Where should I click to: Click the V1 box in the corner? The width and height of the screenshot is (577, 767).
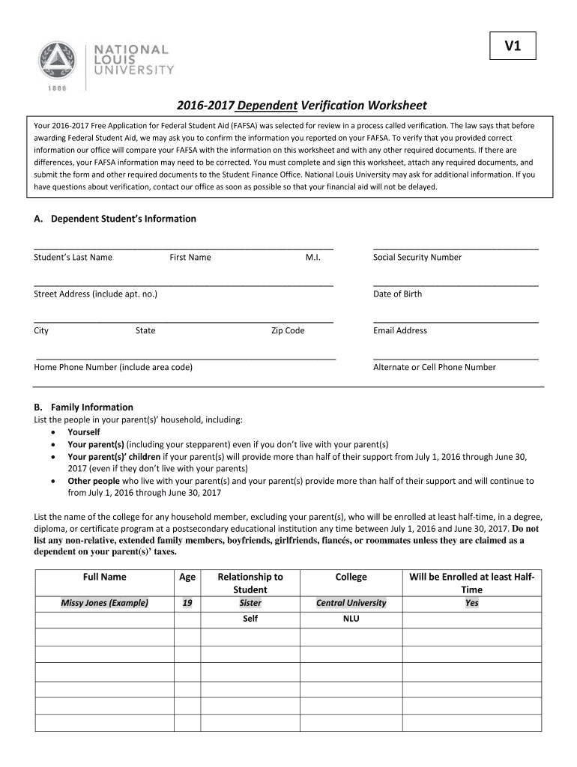513,47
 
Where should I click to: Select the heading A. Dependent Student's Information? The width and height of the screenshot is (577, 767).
115,219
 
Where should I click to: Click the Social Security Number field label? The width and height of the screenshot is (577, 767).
417,257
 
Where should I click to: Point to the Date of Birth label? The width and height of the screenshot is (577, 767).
397,294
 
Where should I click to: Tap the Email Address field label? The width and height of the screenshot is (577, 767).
399,330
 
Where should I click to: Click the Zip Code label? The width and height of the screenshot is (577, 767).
288,330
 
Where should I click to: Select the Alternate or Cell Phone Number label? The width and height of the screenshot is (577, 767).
434,367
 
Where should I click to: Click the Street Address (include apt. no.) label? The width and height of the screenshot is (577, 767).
95,294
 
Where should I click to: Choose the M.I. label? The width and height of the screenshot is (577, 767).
312,257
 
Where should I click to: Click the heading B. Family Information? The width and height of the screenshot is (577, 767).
84,407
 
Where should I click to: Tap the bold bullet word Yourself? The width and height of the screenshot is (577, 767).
83,432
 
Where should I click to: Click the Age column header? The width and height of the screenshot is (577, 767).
187,577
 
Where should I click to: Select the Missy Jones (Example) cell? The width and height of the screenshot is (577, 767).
104,603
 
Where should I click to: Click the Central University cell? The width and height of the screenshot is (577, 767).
351,603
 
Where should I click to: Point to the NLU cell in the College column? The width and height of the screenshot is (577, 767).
351,619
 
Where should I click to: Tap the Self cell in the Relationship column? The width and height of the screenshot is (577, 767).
250,619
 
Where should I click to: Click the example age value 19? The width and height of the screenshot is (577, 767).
187,603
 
